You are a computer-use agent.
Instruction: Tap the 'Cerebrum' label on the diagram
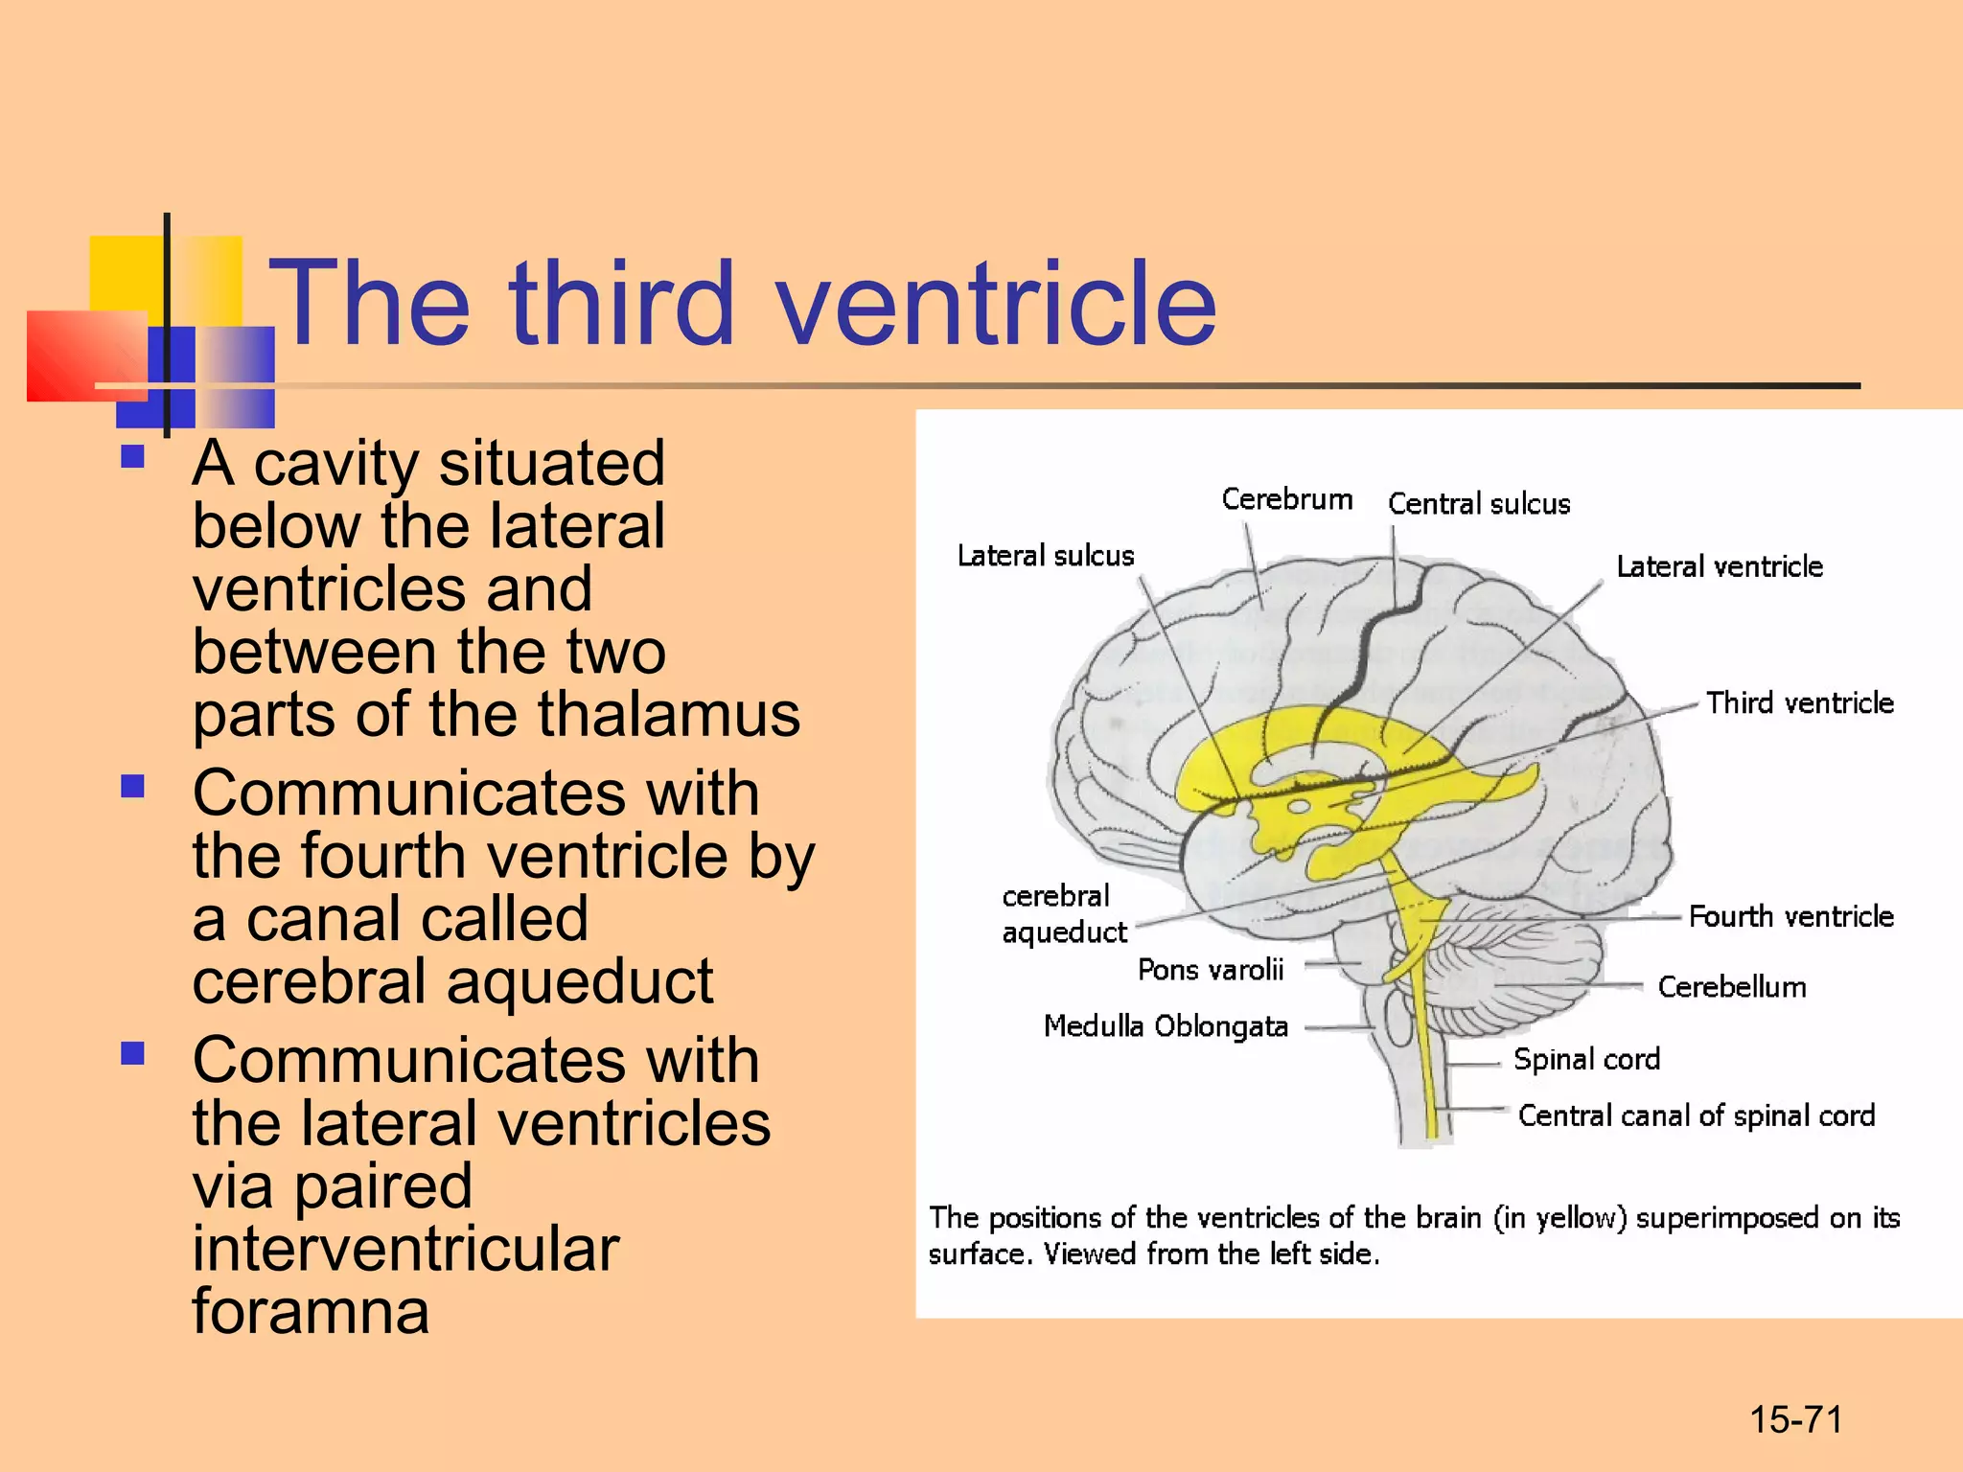click(1286, 499)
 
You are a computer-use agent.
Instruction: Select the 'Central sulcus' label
click(1478, 504)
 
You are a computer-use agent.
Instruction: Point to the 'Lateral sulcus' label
click(1045, 556)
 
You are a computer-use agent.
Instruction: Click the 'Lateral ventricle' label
click(1719, 566)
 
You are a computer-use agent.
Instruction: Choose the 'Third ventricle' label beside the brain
click(1799, 703)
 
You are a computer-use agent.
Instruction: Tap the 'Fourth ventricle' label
click(1790, 917)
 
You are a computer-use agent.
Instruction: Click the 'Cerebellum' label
click(1731, 987)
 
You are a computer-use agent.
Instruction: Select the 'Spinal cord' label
click(1586, 1059)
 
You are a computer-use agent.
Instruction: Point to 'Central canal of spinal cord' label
click(1696, 1115)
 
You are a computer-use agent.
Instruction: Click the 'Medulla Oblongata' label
click(1165, 1026)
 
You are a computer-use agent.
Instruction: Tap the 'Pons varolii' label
click(1210, 970)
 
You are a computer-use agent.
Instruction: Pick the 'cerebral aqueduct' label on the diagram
click(1062, 913)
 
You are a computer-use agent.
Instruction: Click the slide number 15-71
click(1795, 1419)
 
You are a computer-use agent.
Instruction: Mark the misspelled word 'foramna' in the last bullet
click(311, 1311)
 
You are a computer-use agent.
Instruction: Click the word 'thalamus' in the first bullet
click(668, 714)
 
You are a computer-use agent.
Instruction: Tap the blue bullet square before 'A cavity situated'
click(132, 456)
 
